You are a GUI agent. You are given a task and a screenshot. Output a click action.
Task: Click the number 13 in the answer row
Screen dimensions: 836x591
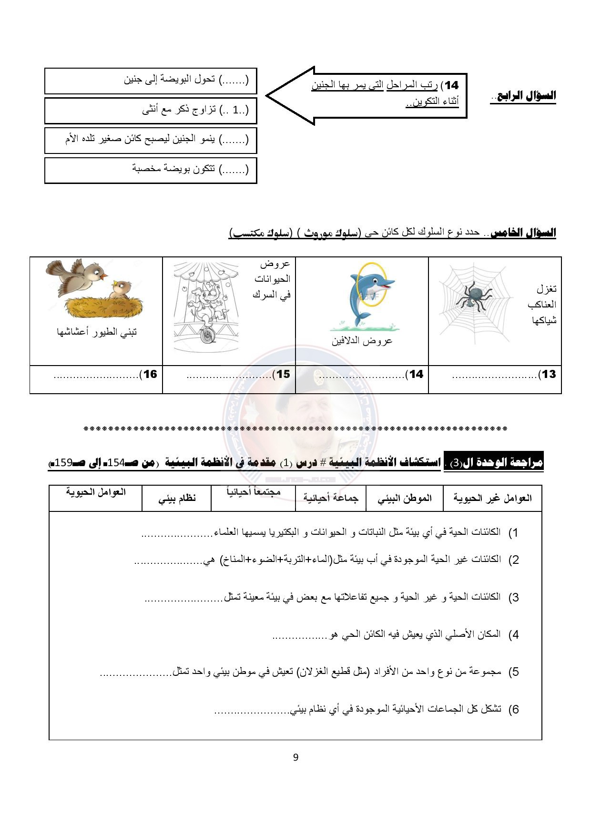(x=549, y=374)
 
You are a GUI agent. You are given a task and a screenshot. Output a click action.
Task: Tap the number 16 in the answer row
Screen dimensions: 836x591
(x=150, y=374)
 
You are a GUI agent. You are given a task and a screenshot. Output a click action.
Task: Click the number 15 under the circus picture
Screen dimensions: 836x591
(x=283, y=374)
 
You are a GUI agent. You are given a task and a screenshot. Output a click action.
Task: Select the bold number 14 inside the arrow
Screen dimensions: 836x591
(x=451, y=85)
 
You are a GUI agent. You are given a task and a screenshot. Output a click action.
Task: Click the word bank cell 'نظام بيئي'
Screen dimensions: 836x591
(x=177, y=499)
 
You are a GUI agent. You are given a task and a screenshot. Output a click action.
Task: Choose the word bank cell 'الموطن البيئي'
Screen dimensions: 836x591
(x=405, y=499)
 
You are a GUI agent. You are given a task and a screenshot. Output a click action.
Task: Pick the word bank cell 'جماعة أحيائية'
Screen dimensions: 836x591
(x=331, y=499)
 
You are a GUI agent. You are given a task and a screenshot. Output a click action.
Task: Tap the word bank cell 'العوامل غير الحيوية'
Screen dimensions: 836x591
(x=492, y=499)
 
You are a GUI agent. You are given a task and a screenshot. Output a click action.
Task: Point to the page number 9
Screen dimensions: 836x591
(x=295, y=757)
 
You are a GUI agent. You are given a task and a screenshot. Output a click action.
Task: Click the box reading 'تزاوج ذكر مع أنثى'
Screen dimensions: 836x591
(x=151, y=111)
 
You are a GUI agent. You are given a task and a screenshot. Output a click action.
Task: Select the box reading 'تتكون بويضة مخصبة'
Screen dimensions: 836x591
(x=151, y=170)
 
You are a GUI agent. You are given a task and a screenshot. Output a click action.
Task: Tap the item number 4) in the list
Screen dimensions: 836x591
(x=513, y=635)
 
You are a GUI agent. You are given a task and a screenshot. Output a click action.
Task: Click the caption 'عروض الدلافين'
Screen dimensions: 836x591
(x=362, y=341)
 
